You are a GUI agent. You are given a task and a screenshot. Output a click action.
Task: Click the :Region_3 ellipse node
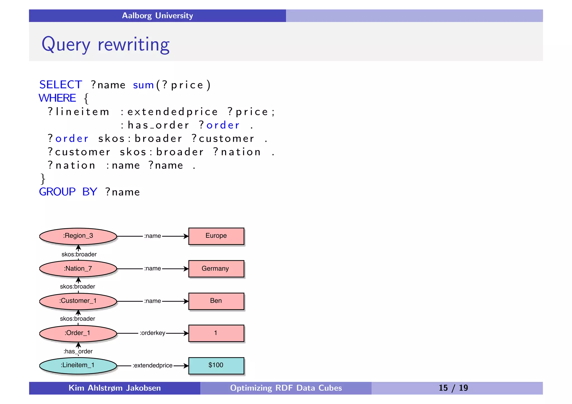pyautogui.click(x=78, y=236)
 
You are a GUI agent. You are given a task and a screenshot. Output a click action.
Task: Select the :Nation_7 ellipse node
pyautogui.click(x=78, y=269)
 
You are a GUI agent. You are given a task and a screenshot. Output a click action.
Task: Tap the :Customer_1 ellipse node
pyautogui.click(x=78, y=301)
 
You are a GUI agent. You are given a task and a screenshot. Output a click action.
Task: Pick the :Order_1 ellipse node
pyautogui.click(x=78, y=333)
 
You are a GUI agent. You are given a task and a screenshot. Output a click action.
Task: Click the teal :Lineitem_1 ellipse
pyautogui.click(x=78, y=365)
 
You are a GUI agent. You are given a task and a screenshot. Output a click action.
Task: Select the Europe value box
pyautogui.click(x=216, y=236)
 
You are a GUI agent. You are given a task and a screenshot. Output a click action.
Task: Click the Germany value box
pyautogui.click(x=216, y=269)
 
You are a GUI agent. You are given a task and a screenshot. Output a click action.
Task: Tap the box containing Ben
pyautogui.click(x=216, y=301)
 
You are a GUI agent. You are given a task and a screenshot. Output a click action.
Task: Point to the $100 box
pyautogui.click(x=216, y=365)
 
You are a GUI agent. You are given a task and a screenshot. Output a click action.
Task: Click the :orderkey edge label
pyautogui.click(x=152, y=333)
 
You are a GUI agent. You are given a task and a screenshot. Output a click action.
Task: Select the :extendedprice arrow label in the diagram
pyautogui.click(x=152, y=365)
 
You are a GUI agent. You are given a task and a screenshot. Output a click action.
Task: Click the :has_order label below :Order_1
pyautogui.click(x=78, y=351)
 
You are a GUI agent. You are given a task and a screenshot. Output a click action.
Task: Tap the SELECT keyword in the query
pyautogui.click(x=61, y=85)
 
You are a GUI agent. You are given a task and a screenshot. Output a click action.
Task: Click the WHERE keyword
pyautogui.click(x=57, y=98)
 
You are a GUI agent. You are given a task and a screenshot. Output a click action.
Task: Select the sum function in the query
pyautogui.click(x=144, y=85)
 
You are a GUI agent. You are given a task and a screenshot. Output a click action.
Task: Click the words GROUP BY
pyautogui.click(x=68, y=192)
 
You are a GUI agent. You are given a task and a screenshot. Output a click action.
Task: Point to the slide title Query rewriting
pyautogui.click(x=106, y=44)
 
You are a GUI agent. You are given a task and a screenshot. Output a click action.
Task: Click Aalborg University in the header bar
pyautogui.click(x=158, y=16)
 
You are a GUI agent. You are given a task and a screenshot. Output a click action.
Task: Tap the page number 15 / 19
pyautogui.click(x=453, y=388)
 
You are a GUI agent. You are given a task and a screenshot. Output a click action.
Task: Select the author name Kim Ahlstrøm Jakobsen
pyautogui.click(x=115, y=388)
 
